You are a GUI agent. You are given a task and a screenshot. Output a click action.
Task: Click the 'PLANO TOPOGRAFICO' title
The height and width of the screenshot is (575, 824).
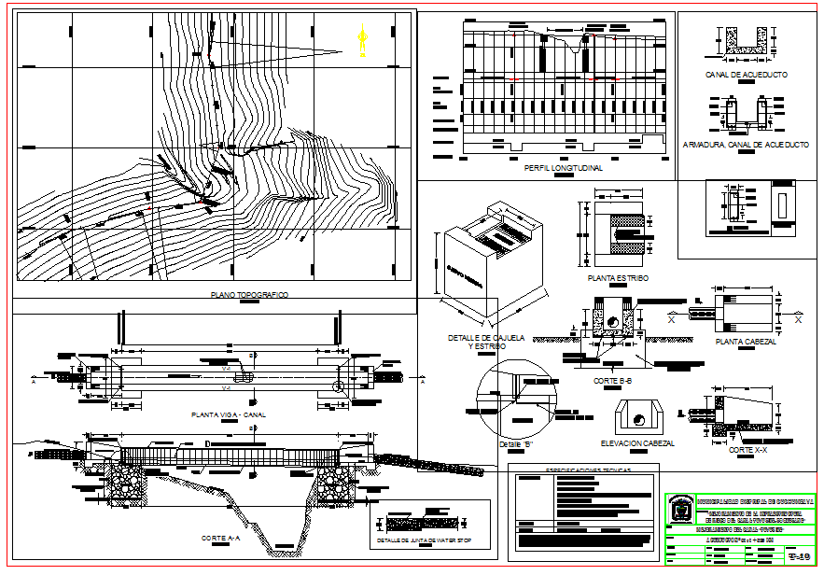[250, 295]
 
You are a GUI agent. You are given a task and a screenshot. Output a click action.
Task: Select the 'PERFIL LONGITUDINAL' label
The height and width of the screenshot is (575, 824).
[563, 168]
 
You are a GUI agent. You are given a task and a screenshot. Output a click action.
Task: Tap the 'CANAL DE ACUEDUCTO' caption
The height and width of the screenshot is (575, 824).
[747, 74]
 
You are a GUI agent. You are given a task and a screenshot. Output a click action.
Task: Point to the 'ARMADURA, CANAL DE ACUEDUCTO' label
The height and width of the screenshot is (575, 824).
[745, 146]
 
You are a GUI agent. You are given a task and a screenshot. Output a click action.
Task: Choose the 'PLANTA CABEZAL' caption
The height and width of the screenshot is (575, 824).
[747, 342]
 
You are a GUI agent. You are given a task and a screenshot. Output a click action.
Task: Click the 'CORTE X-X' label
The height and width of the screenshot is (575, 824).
[747, 450]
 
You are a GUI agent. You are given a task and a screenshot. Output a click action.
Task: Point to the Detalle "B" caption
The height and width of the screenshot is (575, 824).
[514, 443]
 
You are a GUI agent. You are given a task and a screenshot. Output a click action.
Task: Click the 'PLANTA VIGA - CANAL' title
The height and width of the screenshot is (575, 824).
[228, 414]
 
